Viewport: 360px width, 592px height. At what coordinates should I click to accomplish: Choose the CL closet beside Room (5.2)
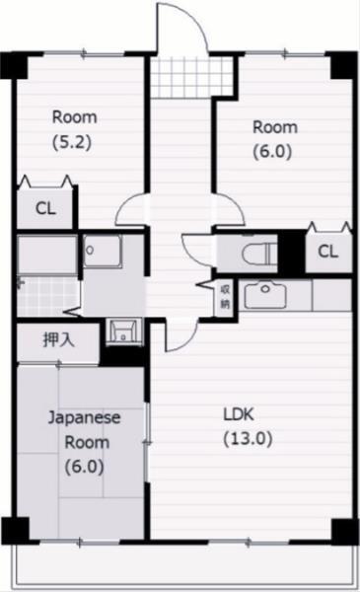pos(44,208)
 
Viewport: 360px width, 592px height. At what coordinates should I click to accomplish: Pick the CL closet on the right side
pos(327,252)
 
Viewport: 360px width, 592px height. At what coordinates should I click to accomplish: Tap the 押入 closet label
pos(57,341)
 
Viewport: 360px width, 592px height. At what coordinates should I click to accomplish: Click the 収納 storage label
pos(226,296)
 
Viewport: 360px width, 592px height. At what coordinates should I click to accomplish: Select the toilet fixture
pos(255,252)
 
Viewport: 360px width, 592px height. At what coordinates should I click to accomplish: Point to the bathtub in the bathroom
pos(46,255)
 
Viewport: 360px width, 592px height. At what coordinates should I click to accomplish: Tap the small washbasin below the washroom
pos(121,330)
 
